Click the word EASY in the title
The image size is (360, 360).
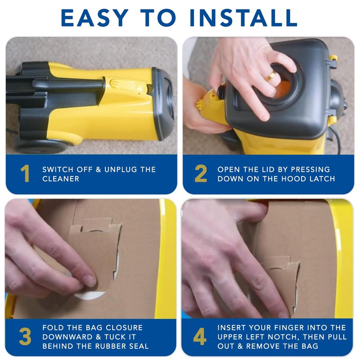94,18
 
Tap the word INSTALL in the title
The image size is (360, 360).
244,18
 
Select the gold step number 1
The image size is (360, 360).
25,174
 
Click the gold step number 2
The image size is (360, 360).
201,174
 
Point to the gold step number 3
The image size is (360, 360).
25,336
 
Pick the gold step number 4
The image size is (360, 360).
200,336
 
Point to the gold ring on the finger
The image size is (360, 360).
272,76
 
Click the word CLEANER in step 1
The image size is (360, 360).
61,179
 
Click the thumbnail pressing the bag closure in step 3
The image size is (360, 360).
89,281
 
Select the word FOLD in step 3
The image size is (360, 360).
53,328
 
